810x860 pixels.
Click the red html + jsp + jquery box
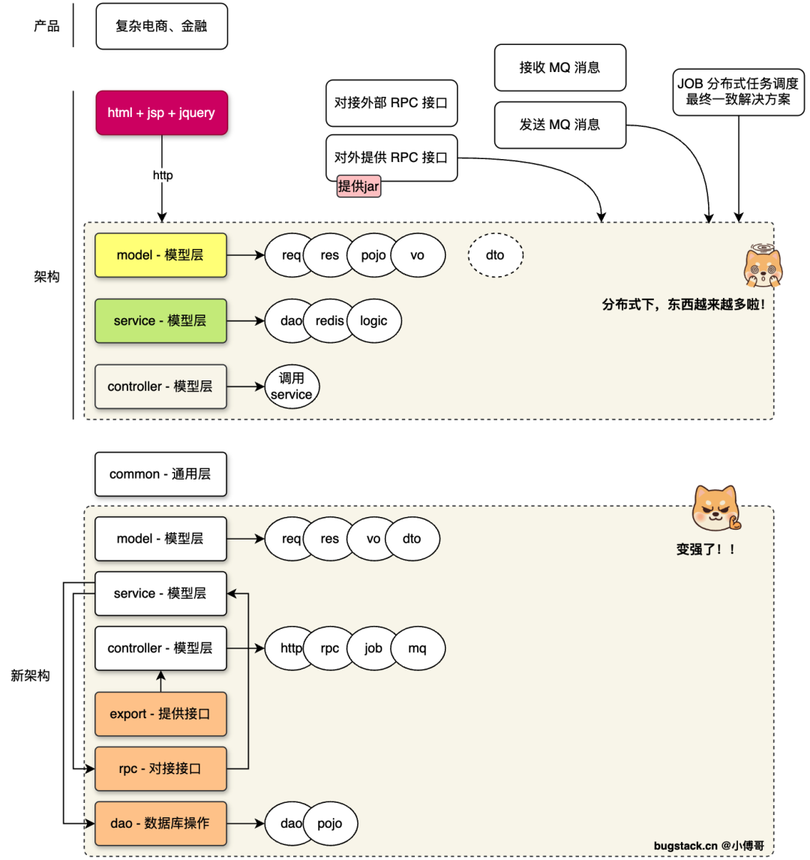coord(161,113)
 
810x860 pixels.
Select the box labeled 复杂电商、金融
coord(161,26)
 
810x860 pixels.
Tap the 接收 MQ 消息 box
coord(559,68)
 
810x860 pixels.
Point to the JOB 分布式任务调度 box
coord(738,92)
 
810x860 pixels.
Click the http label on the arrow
coord(163,176)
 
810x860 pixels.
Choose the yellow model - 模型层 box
coord(160,255)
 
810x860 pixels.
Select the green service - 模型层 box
coord(160,321)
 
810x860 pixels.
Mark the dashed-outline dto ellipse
coord(495,255)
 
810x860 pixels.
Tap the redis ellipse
coord(330,321)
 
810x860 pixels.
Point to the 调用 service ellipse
coord(292,386)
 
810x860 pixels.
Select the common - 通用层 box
coord(160,474)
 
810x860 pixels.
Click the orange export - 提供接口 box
coord(160,714)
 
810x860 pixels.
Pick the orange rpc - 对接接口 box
coord(160,768)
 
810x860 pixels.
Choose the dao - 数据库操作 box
coord(160,823)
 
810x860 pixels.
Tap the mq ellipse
coord(417,648)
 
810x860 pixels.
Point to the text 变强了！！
coord(706,549)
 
